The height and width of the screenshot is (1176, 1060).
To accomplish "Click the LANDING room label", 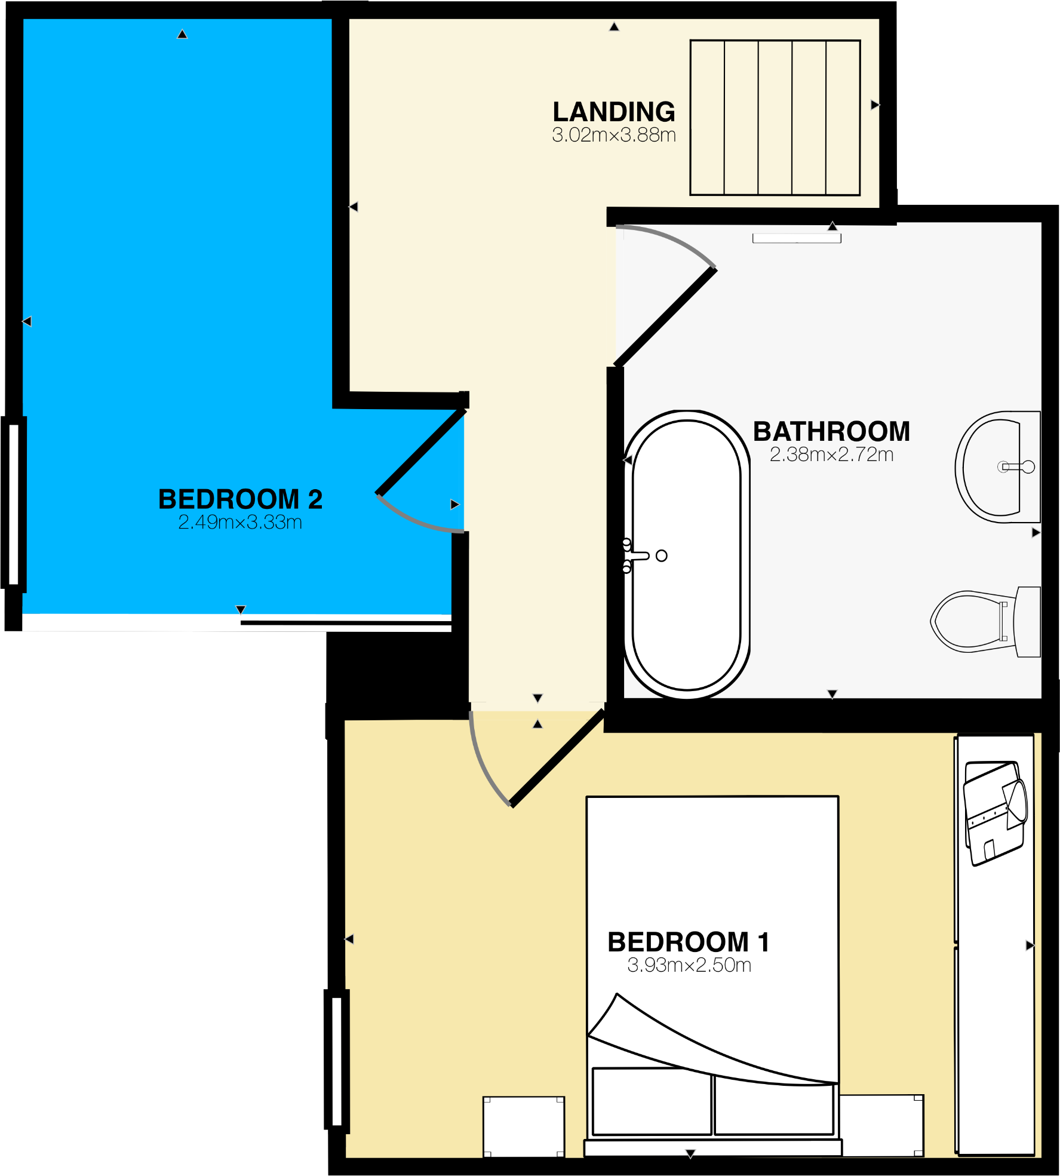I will point(614,112).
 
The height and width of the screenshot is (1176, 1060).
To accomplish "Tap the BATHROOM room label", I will point(831,431).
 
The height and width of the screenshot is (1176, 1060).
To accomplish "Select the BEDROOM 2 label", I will point(240,499).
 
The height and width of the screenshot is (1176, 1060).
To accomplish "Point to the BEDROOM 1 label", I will point(689,942).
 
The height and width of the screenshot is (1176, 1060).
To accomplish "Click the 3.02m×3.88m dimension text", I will point(614,135).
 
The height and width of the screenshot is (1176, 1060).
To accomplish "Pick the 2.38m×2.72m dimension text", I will point(831,455).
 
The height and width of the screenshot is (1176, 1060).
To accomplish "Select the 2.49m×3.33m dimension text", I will point(240,523).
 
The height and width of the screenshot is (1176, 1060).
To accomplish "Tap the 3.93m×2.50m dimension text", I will point(689,965).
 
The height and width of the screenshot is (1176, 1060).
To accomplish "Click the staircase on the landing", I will point(775,118).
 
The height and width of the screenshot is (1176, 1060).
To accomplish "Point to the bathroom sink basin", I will point(994,467).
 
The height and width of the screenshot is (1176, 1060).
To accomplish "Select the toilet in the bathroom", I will point(979,621).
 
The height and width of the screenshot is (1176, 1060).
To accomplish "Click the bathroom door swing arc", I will point(675,239).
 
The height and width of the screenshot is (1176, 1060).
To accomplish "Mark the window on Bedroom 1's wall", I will point(336,1060).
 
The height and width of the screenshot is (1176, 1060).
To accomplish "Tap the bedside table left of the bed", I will point(524,1126).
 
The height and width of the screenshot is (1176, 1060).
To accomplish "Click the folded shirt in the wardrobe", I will point(995,812).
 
